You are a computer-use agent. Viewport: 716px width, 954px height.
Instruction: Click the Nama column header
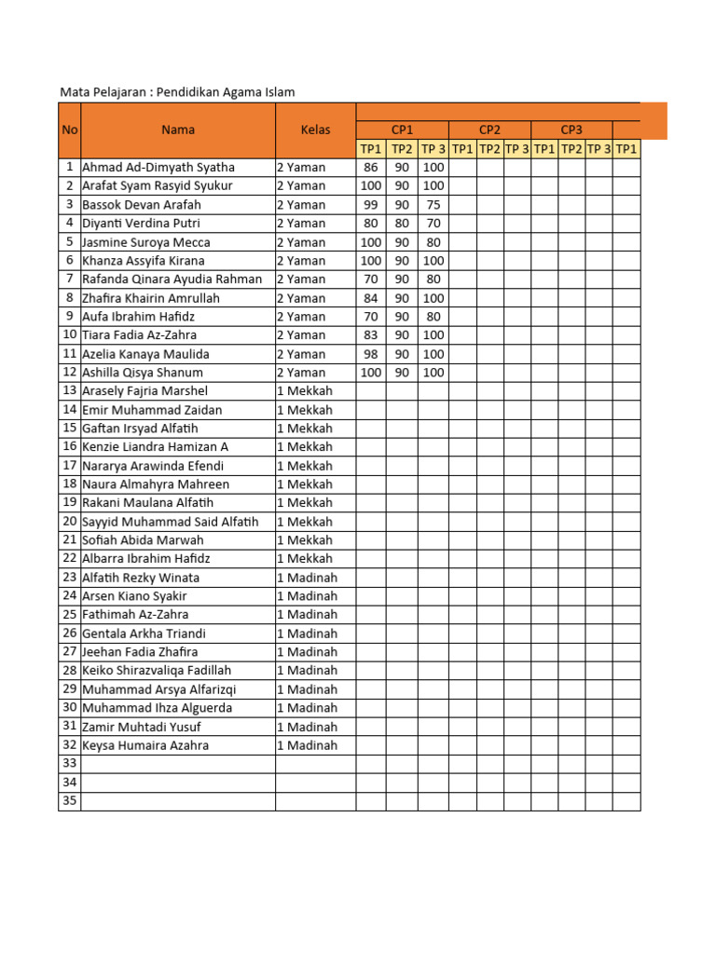coord(177,129)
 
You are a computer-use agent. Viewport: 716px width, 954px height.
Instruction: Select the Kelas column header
coord(315,129)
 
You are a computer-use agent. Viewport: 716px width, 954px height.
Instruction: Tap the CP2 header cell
coord(489,129)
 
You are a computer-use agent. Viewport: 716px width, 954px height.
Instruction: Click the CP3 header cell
coord(571,129)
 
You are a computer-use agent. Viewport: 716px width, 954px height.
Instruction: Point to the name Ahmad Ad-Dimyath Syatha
coord(158,168)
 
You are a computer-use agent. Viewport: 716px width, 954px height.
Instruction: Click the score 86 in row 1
coord(371,168)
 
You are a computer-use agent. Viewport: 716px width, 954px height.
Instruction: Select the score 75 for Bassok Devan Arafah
coord(433,205)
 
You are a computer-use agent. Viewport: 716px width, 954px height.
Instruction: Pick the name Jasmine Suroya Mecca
coord(146,242)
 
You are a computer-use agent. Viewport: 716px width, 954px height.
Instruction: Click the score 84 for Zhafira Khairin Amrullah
coord(371,298)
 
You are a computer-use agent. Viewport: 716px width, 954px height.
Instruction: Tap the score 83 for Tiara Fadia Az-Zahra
coord(371,335)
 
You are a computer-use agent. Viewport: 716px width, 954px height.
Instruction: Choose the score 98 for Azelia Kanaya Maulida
coord(371,354)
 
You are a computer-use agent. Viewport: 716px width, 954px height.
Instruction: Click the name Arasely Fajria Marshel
coord(145,391)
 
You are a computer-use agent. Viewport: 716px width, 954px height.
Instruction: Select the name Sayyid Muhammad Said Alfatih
coord(171,522)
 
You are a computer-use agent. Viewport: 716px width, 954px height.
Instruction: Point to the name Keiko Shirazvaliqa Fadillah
coord(157,671)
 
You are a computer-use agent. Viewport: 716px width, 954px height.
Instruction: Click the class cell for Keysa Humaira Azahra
coord(307,745)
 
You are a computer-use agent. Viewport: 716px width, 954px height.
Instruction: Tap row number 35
coord(69,801)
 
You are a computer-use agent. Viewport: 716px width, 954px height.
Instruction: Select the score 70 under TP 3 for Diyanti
coord(433,224)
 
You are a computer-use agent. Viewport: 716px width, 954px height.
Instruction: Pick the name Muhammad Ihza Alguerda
coord(158,708)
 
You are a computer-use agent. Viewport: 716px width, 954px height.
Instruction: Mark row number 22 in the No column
coord(69,559)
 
